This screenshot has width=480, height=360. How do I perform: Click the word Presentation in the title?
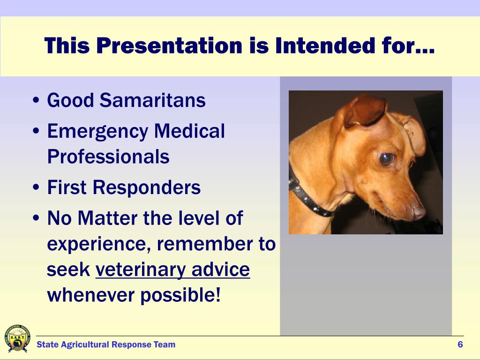tap(170, 46)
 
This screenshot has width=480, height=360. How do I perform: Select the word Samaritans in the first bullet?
tap(152, 100)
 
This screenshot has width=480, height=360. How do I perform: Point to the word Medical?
tap(189, 131)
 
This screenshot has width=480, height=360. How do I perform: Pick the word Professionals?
tap(108, 157)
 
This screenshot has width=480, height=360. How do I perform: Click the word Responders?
tap(147, 187)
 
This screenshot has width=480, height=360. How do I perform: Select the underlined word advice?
tap(221, 269)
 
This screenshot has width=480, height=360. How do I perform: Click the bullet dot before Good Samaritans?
tap(36, 100)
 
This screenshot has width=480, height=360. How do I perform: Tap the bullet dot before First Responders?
tap(36, 187)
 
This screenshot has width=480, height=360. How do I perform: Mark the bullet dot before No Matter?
tap(36, 218)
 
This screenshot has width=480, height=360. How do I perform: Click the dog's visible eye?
tap(387, 158)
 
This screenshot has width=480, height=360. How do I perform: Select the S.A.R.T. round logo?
tap(17, 338)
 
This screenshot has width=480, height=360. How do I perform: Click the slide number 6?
tap(460, 345)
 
